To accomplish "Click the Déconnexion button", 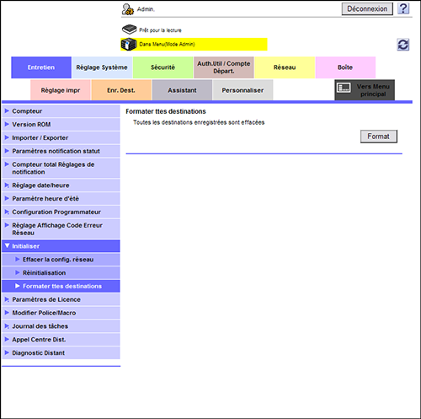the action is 367,9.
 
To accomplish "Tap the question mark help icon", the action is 403,8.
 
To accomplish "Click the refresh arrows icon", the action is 403,45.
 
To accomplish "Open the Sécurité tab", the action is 163,67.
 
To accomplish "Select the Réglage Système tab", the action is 102,67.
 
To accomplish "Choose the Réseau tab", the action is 285,67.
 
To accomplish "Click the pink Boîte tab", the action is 345,67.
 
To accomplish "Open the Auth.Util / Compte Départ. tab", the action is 224,67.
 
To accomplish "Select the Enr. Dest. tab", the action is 121,90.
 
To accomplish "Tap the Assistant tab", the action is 182,90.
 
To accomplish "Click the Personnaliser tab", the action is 242,90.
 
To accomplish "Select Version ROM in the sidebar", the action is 31,125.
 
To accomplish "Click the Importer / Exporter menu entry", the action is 40,138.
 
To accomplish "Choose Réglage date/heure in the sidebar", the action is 40,185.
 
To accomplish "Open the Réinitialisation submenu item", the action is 45,273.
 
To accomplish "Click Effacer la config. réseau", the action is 58,260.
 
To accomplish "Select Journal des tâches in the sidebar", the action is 40,326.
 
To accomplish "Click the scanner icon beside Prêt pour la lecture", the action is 129,30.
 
